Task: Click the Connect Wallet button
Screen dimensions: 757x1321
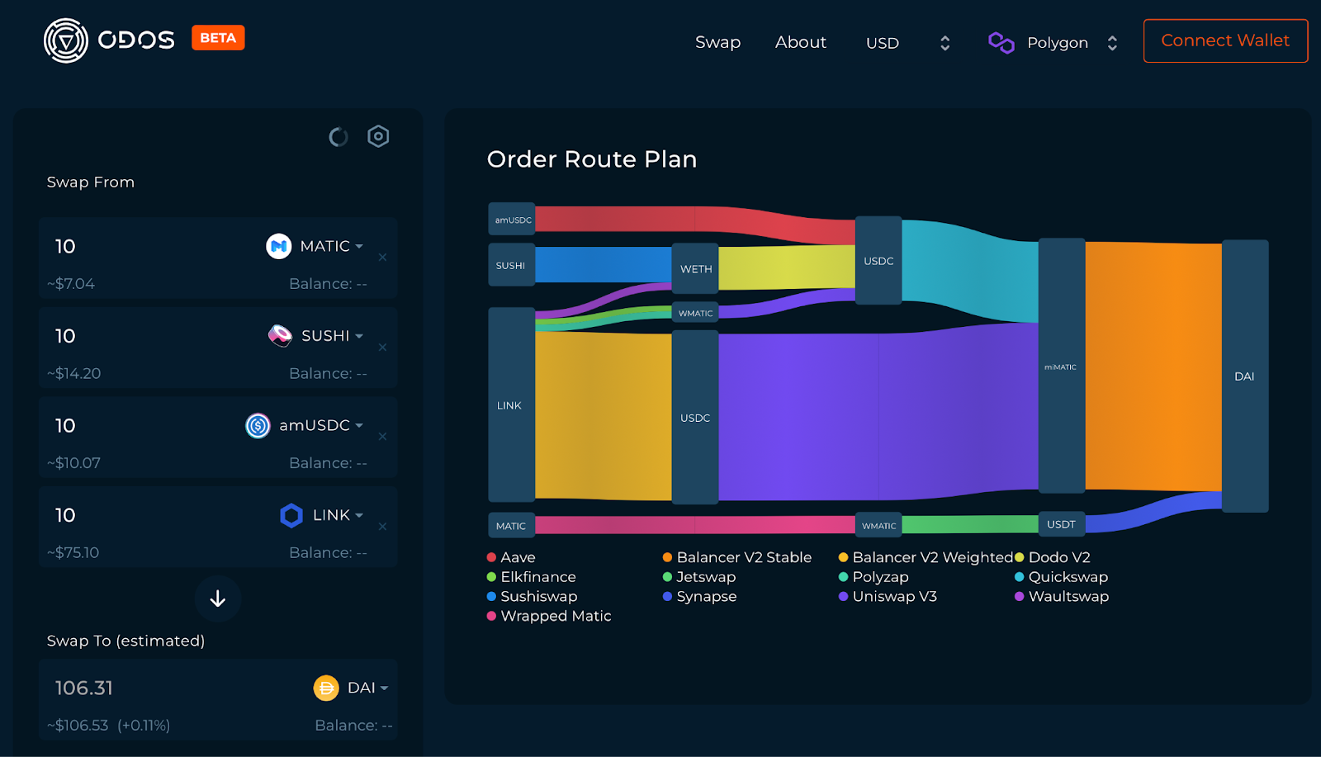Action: tap(1225, 40)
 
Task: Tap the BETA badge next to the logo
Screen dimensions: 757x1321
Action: tap(218, 38)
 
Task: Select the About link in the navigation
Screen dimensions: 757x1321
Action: tap(800, 42)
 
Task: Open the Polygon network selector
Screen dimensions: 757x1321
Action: tap(1055, 43)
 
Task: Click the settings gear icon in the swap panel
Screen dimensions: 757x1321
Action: tap(378, 136)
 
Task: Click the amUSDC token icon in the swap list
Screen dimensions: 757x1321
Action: tap(258, 425)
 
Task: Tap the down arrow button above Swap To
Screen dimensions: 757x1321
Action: tap(218, 599)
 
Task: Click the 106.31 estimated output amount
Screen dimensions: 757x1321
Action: tap(84, 688)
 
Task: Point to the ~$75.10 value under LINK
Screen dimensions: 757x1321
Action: tap(73, 552)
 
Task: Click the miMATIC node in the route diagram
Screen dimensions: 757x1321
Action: tap(1061, 367)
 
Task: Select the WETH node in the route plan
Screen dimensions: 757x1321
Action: tap(695, 268)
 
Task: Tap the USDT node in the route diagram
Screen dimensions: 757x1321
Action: tap(1061, 524)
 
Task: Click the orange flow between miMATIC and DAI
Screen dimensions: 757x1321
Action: tap(1153, 367)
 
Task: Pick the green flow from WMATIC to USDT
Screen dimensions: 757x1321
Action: tap(970, 524)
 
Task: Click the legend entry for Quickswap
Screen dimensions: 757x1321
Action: tap(1068, 577)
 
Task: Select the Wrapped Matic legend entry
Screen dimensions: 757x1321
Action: tap(555, 616)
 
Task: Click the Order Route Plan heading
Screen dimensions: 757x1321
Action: tap(592, 159)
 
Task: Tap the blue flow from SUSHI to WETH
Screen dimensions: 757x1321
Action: tap(603, 265)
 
